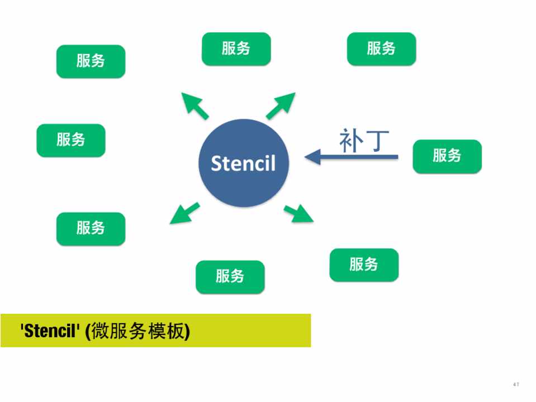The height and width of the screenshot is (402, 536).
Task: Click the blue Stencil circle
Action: [x=244, y=162]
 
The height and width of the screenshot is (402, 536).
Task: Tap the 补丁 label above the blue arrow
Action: [x=364, y=141]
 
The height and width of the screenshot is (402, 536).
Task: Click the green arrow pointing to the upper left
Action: [x=195, y=106]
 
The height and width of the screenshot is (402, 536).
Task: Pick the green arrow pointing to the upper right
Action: [x=281, y=106]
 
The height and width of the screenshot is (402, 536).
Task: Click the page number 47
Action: [x=516, y=384]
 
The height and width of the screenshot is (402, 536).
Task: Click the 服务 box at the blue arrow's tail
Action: [x=447, y=156]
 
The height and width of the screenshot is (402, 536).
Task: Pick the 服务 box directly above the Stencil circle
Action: [x=236, y=49]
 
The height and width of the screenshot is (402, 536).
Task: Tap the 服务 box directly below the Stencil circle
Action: [x=230, y=276]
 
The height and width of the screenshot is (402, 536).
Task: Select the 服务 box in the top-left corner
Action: [x=91, y=61]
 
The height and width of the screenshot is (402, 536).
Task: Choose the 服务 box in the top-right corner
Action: [x=381, y=49]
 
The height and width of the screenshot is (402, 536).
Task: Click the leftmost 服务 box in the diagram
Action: [x=70, y=140]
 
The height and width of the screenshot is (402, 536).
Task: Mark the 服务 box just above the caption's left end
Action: [x=91, y=228]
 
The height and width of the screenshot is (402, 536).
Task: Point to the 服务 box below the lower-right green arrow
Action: [x=364, y=265]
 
